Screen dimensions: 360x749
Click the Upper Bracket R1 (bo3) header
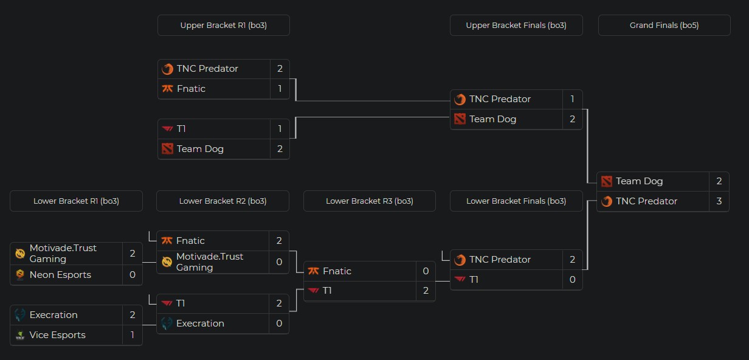[x=223, y=26]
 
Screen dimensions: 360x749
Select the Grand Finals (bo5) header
[x=664, y=26]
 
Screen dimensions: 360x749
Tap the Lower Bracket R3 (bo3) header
[x=369, y=201]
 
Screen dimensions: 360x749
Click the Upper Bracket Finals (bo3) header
[x=516, y=26]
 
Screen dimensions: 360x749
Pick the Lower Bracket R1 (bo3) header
[x=76, y=201]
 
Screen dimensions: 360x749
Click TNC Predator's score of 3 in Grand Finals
[x=719, y=201]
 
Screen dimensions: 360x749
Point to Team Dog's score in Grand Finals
[x=719, y=181]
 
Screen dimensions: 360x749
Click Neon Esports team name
[x=60, y=275]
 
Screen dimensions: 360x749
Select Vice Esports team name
[x=57, y=335]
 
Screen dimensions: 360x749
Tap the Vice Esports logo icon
[x=21, y=335]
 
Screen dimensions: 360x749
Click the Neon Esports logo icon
[x=21, y=275]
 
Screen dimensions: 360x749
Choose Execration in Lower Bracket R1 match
[x=53, y=315]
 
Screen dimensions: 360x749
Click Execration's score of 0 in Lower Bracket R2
[x=279, y=324]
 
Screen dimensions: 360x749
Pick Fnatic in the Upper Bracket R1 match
[x=191, y=89]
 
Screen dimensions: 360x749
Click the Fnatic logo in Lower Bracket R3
[x=314, y=271]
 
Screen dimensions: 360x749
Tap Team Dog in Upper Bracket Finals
[x=492, y=119]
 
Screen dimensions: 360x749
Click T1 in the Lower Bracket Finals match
[x=475, y=280]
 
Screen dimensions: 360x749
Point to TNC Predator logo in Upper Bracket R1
[x=168, y=69]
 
